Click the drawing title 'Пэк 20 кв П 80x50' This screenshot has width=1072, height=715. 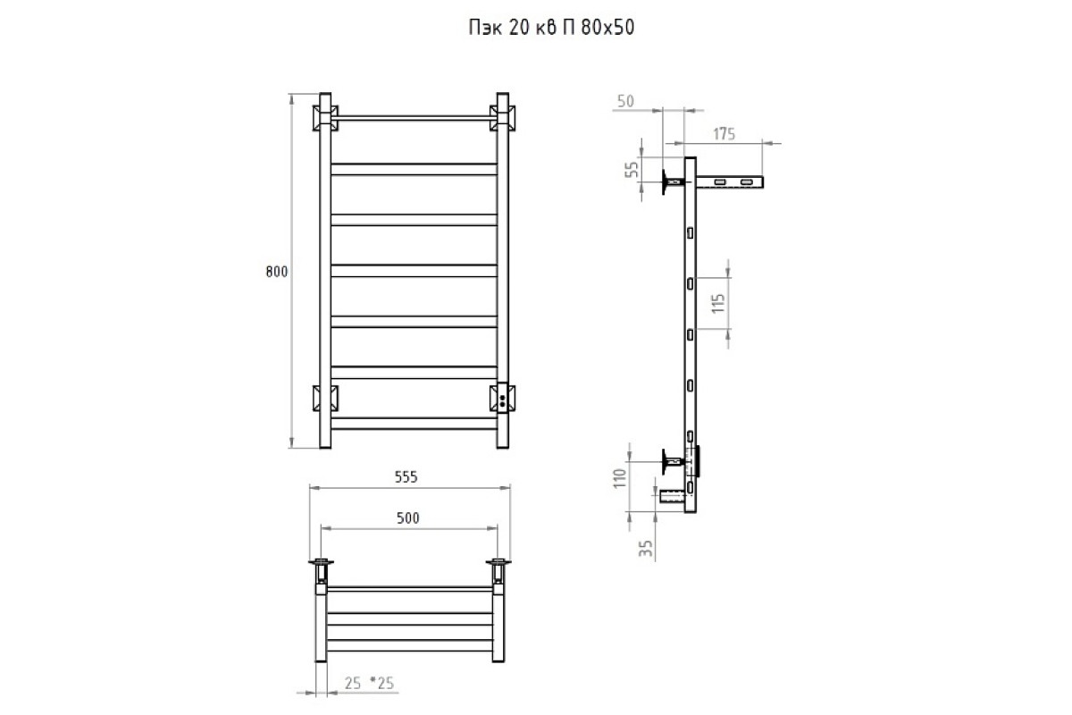tap(551, 28)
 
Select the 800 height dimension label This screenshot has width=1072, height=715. tap(277, 272)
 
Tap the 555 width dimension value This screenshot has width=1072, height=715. tap(406, 477)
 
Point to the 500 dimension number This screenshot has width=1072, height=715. tap(407, 518)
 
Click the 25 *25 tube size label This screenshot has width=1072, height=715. tap(369, 684)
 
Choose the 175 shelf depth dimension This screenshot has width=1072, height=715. tap(724, 134)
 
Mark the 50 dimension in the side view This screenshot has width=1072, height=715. tap(625, 102)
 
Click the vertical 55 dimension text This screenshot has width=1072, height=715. tap(632, 169)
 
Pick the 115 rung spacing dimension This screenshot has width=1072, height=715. tap(718, 304)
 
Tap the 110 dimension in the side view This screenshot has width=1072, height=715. tap(620, 478)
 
